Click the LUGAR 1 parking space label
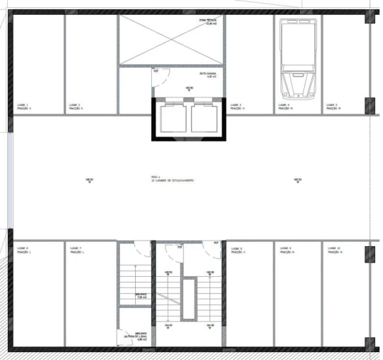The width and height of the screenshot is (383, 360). pyautogui.click(x=24, y=106)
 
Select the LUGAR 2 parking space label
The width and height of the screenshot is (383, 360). pyautogui.click(x=76, y=106)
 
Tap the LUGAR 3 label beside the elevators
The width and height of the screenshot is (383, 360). pyautogui.click(x=237, y=106)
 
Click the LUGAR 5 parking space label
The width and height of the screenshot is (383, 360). pyautogui.click(x=334, y=106)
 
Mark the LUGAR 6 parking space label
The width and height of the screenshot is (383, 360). pyautogui.click(x=24, y=250)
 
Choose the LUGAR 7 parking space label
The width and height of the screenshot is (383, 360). pyautogui.click(x=76, y=250)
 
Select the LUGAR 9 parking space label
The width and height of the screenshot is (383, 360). pyautogui.click(x=287, y=250)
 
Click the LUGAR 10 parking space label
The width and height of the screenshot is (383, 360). pyautogui.click(x=335, y=250)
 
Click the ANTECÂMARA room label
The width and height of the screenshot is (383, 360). pyautogui.click(x=206, y=75)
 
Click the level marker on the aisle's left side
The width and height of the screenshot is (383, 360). pyautogui.click(x=89, y=179)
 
